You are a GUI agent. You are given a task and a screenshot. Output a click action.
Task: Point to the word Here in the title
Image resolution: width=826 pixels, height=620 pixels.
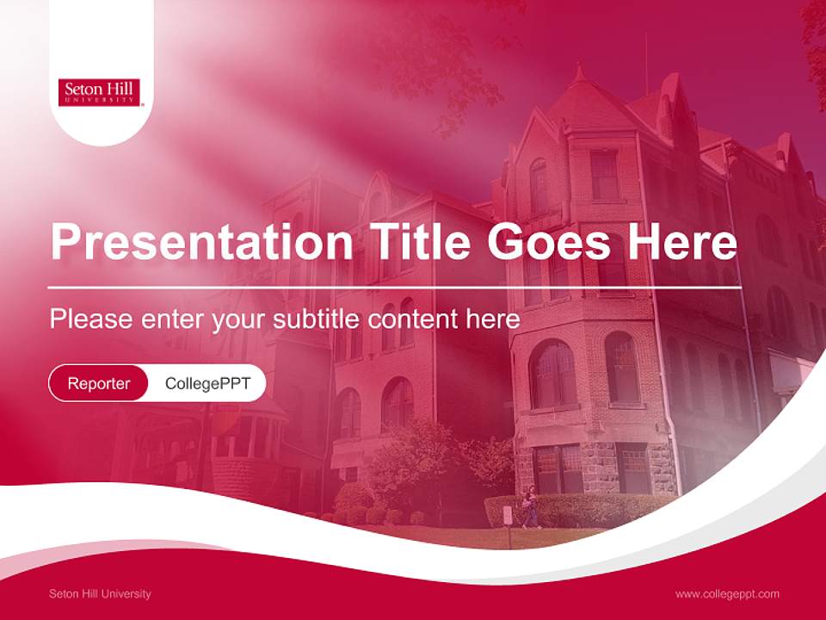point(682,242)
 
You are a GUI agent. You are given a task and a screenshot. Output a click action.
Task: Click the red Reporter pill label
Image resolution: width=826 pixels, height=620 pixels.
point(99,383)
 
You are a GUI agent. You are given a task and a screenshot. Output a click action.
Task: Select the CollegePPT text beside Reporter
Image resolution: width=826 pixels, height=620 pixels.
point(207,383)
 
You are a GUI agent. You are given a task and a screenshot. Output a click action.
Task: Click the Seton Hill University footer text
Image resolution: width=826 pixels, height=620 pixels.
point(100,594)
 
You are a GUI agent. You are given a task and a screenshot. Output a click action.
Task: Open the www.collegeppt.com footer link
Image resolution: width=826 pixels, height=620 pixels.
point(727,594)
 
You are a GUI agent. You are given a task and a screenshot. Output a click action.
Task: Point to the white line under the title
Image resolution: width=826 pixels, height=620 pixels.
point(394,288)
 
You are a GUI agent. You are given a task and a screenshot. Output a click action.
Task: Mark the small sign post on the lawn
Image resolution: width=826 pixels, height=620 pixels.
point(507,518)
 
